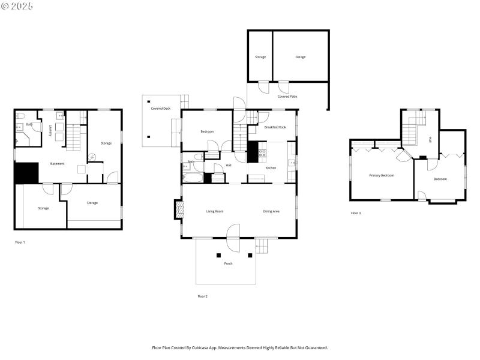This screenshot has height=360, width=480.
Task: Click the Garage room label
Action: click(300, 57)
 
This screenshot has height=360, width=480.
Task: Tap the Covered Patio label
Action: click(287, 96)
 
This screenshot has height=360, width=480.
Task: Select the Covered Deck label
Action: click(160, 109)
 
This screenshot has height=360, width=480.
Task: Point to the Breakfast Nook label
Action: click(275, 127)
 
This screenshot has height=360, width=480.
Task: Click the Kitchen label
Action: click(271, 167)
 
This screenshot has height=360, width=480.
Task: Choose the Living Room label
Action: click(215, 211)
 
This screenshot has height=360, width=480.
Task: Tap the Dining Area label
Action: click(271, 211)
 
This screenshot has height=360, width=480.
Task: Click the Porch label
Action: click(228, 263)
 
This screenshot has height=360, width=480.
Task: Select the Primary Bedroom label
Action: click(381, 175)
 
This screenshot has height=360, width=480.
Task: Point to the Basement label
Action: click(58, 164)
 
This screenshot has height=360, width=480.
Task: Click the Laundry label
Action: click(49, 131)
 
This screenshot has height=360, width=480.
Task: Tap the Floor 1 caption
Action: click(20, 242)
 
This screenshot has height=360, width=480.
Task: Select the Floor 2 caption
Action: click(202, 296)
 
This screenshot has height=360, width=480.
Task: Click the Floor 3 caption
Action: click(356, 213)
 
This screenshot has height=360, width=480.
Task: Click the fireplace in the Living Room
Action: click(178, 209)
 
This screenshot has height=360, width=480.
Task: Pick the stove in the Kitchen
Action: click(262, 153)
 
